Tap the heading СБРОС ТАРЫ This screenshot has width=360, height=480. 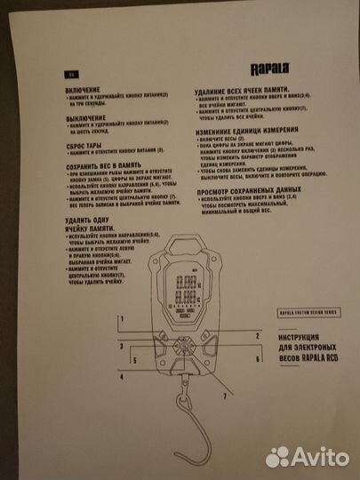(x=86, y=145)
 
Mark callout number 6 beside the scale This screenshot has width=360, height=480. (x=256, y=359)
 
